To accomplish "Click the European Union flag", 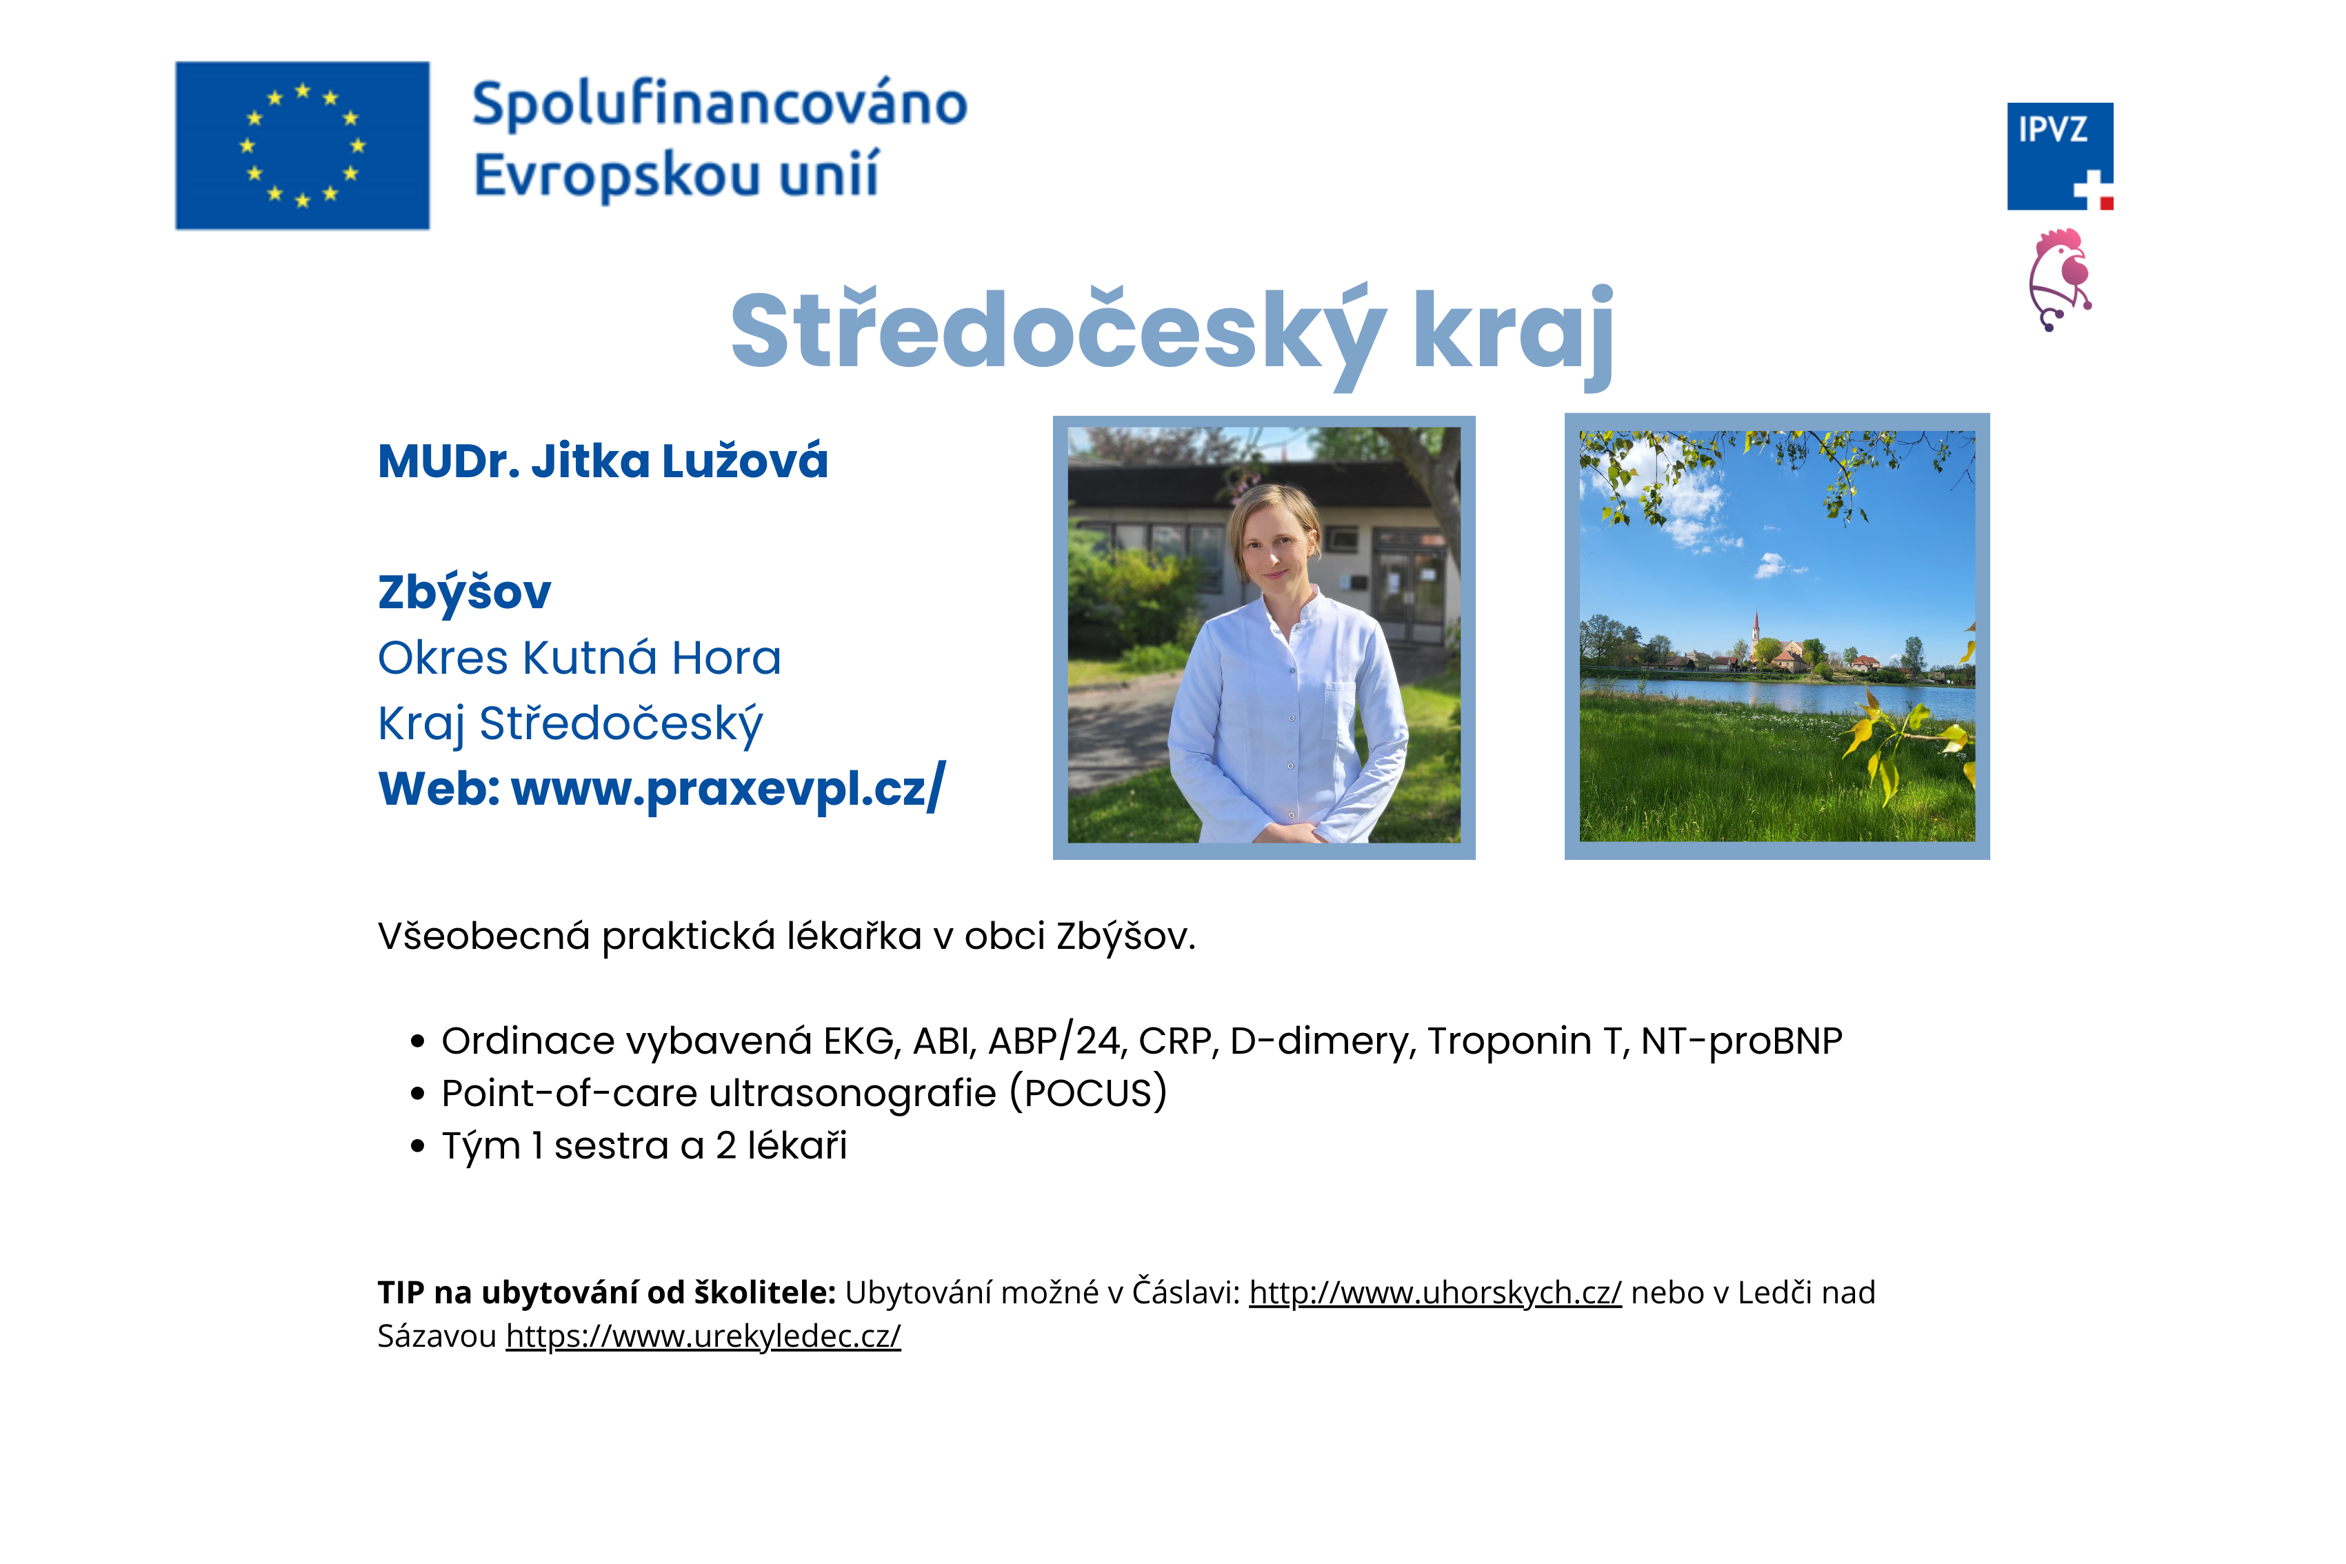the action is point(302,146).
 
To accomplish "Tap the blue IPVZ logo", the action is point(2060,157).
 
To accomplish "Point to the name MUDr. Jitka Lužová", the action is point(603,461).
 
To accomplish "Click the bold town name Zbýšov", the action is point(464,592).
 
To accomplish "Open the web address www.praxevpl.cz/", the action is point(728,788).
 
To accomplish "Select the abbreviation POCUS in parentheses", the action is point(1088,1093).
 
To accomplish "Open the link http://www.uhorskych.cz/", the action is point(1435,1293).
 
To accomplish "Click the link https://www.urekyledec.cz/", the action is point(703,1336).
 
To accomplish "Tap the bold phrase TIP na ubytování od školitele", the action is point(606,1293).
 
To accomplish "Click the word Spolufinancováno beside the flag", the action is point(719,103).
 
